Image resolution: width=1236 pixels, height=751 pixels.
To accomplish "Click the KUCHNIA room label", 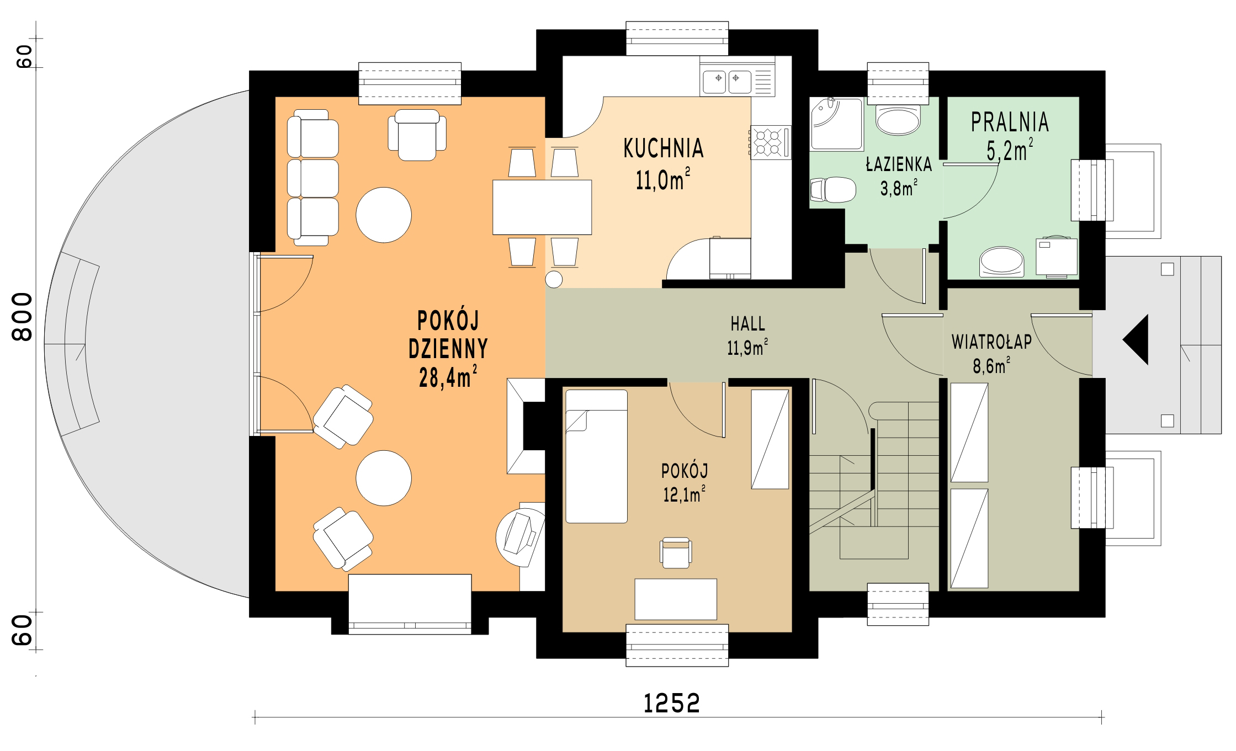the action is point(664,148).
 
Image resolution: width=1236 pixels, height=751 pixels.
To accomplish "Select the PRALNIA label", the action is point(1010,122).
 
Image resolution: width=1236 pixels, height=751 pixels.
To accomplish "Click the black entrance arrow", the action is point(1136,339).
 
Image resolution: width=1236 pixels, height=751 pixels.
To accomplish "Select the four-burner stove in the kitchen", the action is point(768,142).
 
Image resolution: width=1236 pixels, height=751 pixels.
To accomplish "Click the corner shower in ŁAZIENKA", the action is point(836,124).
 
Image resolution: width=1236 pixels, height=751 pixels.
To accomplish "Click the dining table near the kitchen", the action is point(542,207).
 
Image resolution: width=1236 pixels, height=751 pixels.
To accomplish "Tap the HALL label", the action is point(748,323).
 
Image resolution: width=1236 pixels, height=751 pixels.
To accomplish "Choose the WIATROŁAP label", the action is point(991,343).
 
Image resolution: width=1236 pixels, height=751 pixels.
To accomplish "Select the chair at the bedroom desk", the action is point(676,552).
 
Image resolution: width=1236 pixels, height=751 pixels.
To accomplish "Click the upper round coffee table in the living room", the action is point(384,215).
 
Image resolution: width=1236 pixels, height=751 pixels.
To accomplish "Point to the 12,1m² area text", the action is point(685,494).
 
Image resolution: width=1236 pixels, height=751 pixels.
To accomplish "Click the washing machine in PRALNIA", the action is point(1056,256).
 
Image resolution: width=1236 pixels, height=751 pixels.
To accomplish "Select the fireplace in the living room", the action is point(526,425).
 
